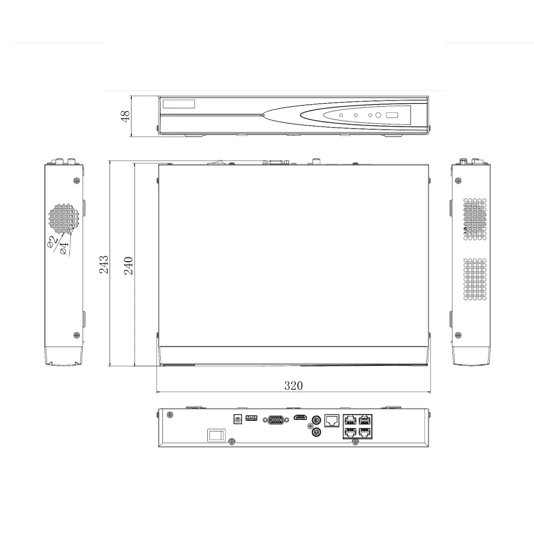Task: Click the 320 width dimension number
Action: [293, 386]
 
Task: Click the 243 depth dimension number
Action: [104, 264]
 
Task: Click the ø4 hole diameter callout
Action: [65, 247]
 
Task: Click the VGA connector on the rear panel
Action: [274, 420]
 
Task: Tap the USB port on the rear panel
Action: [252, 418]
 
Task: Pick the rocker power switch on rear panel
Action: [216, 435]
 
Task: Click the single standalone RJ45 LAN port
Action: [332, 420]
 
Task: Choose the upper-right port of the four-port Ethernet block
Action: [365, 420]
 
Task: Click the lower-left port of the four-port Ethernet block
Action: [350, 433]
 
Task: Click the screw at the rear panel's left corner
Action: [169, 415]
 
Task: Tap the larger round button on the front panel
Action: [378, 115]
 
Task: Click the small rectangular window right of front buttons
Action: [392, 115]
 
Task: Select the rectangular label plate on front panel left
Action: [179, 105]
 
